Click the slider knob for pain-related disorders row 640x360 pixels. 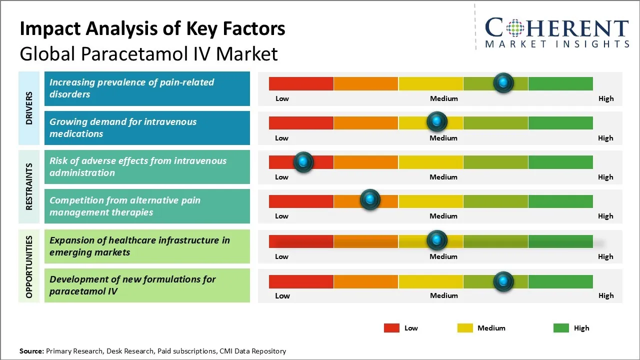503,82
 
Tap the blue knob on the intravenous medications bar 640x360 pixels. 437,121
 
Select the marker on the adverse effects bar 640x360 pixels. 303,161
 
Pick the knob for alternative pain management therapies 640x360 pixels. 370,199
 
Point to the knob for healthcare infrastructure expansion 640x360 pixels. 437,240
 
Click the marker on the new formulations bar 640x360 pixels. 503,281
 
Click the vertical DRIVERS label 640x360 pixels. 28,108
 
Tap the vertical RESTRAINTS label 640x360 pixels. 28,186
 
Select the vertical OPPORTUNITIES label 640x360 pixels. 28,266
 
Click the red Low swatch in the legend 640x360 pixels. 391,328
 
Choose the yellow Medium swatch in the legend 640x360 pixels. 465,328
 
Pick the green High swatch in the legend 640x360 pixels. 561,328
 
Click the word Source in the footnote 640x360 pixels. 31,351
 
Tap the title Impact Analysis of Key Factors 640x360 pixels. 152,29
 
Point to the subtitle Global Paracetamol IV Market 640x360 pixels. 148,54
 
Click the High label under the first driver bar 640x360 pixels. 605,98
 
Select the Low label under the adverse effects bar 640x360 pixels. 281,177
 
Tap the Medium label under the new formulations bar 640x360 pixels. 443,295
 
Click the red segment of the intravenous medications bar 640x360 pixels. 301,122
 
